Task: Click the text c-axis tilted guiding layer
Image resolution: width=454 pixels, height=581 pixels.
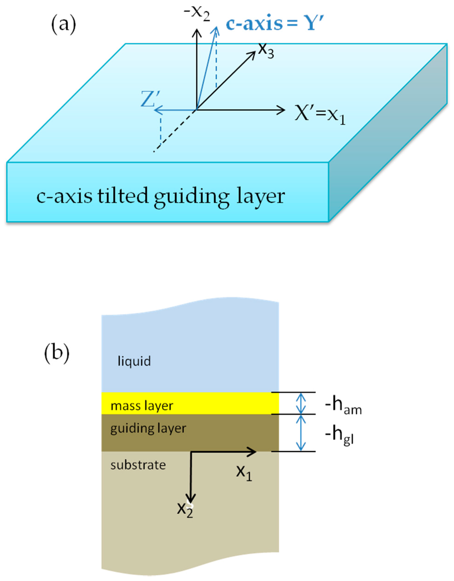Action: pos(160,196)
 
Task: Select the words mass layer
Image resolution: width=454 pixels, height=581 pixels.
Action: pos(142,406)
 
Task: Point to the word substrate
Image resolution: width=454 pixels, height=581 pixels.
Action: pos(138,465)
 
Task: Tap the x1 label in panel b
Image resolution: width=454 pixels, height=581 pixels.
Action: pos(244,473)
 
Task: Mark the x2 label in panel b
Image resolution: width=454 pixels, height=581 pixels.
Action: pos(185,510)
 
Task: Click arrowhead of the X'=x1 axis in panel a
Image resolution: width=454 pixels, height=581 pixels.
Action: pos(282,110)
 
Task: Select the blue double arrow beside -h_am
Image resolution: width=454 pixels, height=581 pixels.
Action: pos(301,403)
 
